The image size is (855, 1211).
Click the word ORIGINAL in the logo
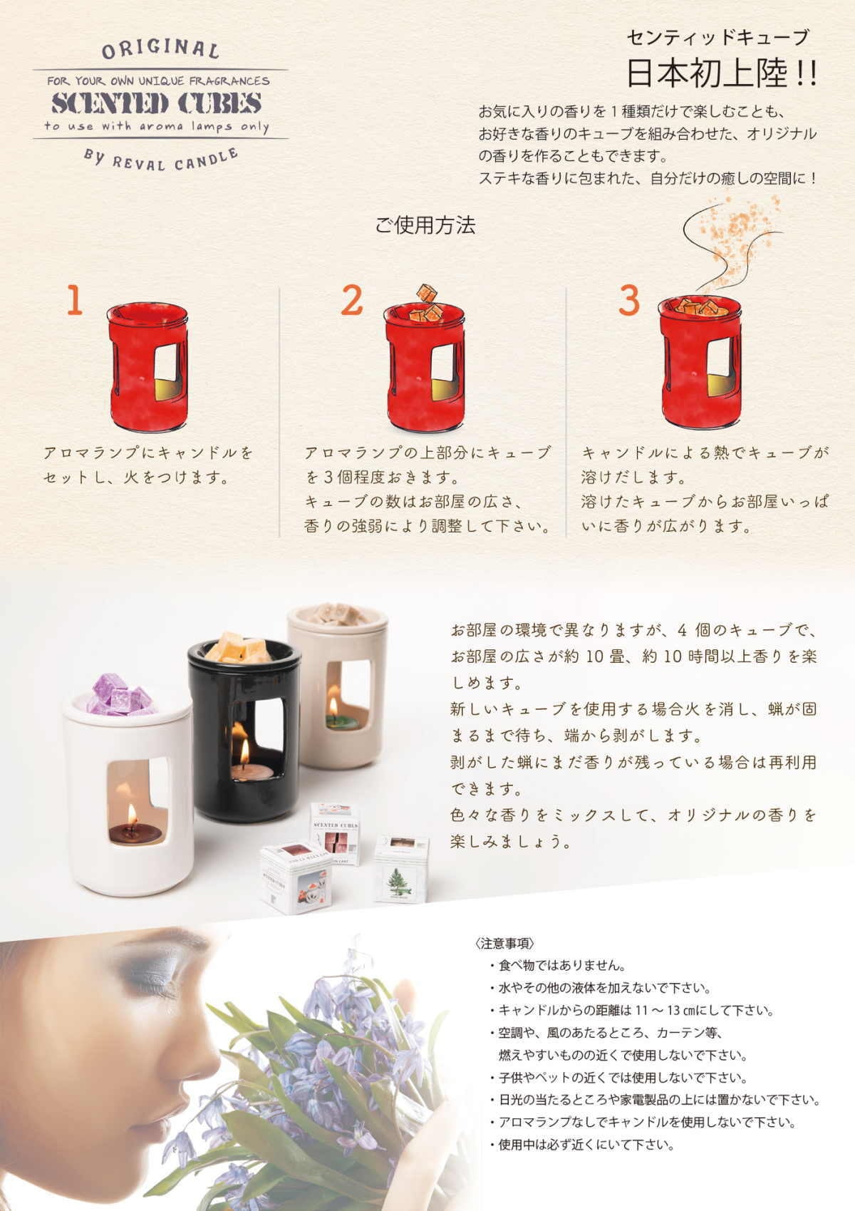pos(160,49)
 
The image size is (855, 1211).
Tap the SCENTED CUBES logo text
pos(157,103)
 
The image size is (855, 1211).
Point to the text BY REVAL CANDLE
pos(160,160)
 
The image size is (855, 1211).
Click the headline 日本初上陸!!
pos(722,74)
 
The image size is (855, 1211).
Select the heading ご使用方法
pos(425,225)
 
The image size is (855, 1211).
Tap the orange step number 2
pos(352,300)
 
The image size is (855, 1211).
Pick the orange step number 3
pos(629,300)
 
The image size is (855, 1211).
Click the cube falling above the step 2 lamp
pos(427,293)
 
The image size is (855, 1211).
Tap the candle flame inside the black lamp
pos(245,753)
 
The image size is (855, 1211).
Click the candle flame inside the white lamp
pos(132,814)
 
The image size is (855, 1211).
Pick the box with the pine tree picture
pos(402,870)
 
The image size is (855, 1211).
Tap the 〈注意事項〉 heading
pos(505,944)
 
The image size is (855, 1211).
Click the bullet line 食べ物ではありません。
pos(558,966)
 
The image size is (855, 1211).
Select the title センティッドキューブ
pos(717,37)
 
